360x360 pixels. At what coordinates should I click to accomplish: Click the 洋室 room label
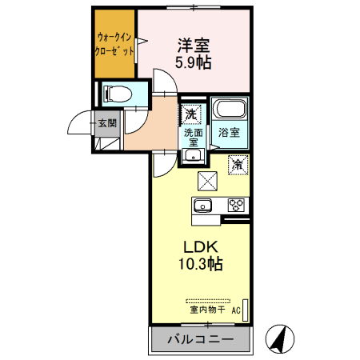tap(194, 46)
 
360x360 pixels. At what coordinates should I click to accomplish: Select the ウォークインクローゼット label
tap(115, 43)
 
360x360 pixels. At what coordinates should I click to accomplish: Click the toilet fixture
tap(114, 94)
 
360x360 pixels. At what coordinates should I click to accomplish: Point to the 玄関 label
tap(107, 123)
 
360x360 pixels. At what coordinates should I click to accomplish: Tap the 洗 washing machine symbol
tap(191, 114)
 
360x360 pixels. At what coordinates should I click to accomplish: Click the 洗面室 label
tap(193, 137)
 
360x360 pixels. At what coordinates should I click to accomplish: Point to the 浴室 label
tap(230, 134)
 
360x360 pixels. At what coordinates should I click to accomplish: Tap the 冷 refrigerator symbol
tap(238, 163)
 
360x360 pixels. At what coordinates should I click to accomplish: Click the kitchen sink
tap(203, 206)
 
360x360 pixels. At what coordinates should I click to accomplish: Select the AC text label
tap(236, 309)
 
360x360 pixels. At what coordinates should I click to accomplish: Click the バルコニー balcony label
tap(199, 339)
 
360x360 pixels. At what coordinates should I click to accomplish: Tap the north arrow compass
tap(278, 339)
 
